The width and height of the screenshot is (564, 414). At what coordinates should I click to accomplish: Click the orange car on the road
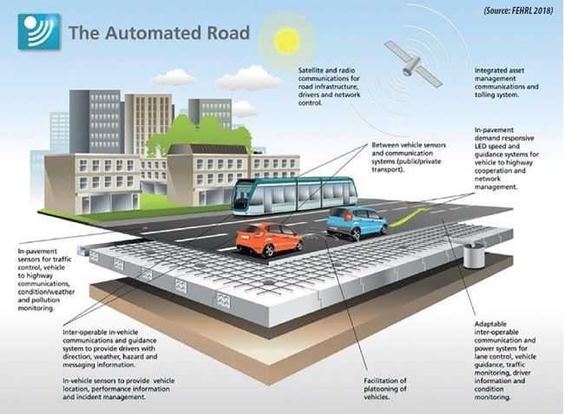point(269,240)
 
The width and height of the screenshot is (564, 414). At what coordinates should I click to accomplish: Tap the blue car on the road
point(356,223)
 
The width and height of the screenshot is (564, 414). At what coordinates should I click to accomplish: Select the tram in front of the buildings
point(295,195)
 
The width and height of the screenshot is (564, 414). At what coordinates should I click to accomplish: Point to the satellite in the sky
point(412,63)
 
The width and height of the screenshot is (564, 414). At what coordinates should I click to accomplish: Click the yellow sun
point(286,40)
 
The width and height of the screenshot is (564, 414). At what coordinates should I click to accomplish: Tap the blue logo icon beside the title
point(39,31)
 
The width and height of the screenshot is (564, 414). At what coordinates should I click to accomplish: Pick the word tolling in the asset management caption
point(484,95)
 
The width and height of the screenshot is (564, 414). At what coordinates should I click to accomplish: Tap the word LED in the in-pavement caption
point(480,147)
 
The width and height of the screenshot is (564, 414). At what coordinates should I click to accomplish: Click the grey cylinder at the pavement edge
point(474,255)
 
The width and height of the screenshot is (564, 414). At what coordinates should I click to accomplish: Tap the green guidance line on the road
point(410,217)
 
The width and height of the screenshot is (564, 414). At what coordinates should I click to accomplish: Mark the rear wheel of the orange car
point(267,252)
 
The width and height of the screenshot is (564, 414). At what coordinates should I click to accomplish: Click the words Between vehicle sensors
point(409,145)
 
